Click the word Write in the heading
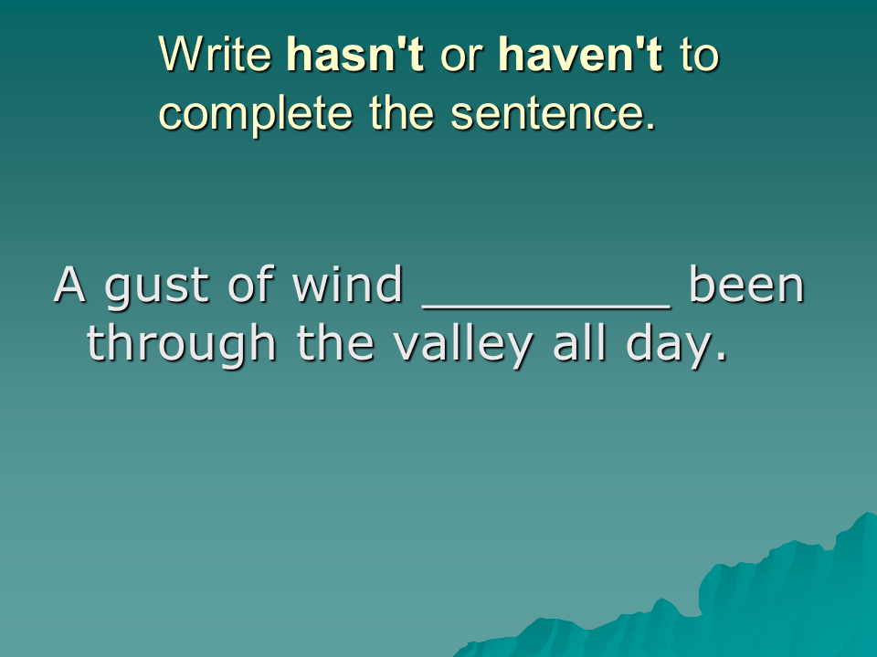(x=216, y=54)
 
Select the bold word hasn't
(x=355, y=54)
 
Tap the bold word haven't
(x=581, y=54)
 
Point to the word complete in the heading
(x=256, y=115)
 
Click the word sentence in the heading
(x=553, y=114)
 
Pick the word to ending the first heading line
(x=699, y=56)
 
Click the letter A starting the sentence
(x=69, y=285)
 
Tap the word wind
(x=347, y=284)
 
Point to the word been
(x=746, y=284)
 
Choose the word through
(x=181, y=346)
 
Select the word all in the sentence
(x=580, y=342)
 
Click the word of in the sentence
(x=251, y=284)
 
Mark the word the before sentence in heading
(x=402, y=113)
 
